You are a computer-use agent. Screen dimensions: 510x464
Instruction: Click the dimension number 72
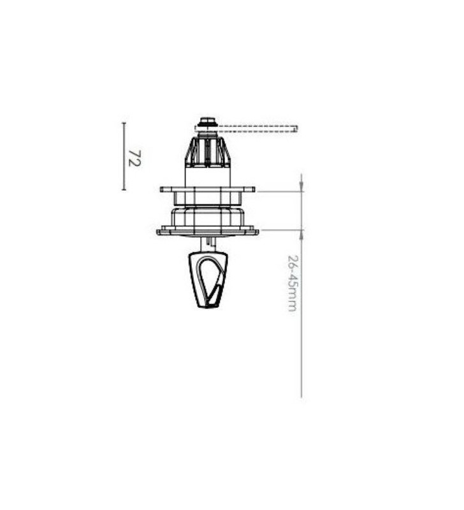134,157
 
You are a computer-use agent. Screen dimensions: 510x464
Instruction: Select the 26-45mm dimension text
292,283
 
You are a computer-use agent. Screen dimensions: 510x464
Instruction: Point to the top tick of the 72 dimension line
124,123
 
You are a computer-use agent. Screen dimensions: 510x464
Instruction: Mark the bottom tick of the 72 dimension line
124,189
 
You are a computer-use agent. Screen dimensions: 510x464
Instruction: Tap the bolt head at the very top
207,120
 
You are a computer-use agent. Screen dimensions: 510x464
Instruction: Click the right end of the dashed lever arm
296,129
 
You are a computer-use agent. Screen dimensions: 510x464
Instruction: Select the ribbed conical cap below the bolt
207,152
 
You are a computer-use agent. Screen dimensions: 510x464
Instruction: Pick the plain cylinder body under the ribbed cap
207,177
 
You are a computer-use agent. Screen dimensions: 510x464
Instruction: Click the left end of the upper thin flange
162,189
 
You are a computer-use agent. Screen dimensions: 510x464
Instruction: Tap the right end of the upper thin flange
253,189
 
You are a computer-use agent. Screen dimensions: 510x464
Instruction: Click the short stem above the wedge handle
207,244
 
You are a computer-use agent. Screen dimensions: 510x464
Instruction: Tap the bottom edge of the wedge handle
208,307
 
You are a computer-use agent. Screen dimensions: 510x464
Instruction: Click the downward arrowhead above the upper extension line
301,186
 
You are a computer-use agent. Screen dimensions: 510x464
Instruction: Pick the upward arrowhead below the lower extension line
301,235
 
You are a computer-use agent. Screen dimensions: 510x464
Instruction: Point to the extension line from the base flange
280,230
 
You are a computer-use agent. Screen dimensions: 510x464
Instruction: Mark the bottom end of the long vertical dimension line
301,397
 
